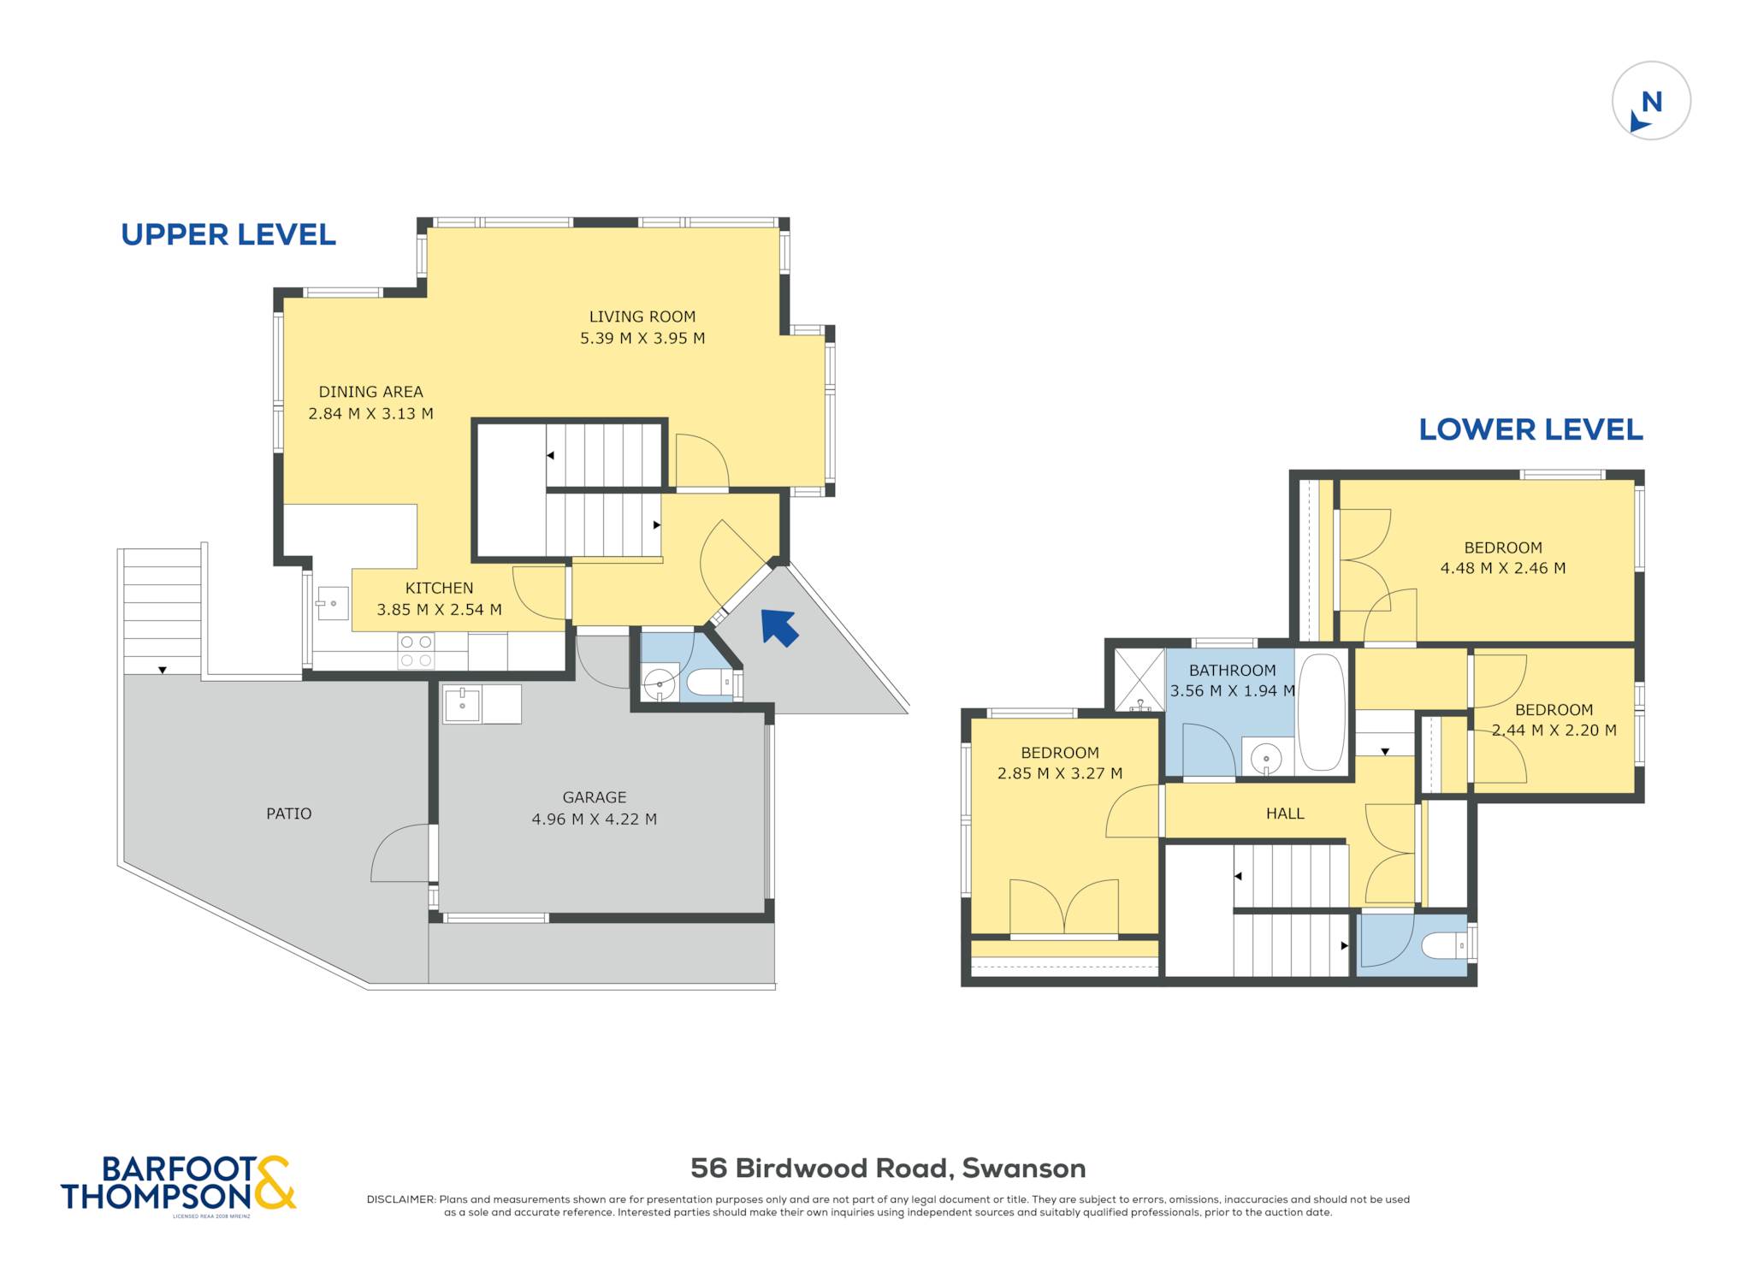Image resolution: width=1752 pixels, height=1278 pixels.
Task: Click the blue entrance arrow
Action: pos(779,626)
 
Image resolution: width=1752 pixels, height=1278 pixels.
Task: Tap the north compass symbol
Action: pos(1651,101)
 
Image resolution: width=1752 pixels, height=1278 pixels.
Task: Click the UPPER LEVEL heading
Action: pos(228,234)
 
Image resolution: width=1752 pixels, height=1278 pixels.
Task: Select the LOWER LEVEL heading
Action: pos(1530,429)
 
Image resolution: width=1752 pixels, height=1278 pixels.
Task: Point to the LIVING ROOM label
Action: pos(642,317)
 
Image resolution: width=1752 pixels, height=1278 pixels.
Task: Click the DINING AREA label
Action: pos(371,392)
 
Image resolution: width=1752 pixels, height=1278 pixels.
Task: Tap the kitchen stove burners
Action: pos(416,650)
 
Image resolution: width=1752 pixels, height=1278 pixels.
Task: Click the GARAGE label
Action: pos(595,797)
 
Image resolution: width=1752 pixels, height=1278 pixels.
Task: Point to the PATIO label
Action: pos(289,814)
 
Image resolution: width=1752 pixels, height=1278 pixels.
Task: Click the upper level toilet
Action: pos(709,683)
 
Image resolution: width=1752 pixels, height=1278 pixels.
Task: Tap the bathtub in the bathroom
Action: pos(1322,713)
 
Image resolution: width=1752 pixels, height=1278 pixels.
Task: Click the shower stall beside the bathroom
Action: pos(1139,680)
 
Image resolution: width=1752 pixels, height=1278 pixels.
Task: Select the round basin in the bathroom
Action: pos(1265,757)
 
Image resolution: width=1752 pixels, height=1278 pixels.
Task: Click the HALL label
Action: pos(1285,814)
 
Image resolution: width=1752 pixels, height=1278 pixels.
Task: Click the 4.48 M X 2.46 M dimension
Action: pos(1503,568)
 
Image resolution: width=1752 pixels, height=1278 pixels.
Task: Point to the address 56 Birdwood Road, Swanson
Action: pos(888,1169)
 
